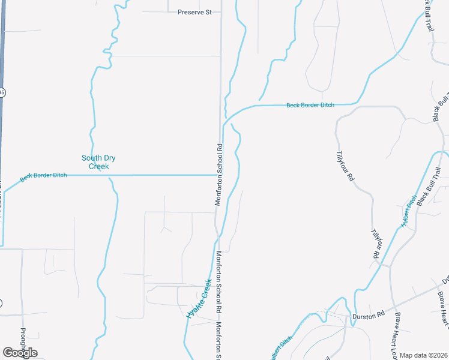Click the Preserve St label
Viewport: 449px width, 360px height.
[195, 11]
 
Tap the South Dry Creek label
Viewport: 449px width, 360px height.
[98, 162]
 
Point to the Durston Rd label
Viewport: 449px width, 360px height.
[368, 315]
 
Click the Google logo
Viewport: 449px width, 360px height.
[20, 352]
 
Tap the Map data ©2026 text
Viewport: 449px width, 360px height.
[423, 355]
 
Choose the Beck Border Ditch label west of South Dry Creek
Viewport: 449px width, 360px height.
[43, 176]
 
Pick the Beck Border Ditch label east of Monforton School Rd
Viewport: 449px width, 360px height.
[310, 105]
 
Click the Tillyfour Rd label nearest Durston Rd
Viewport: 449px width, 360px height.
[376, 244]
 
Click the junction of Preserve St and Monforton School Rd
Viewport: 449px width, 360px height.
[220, 11]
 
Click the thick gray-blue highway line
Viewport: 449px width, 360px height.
[2, 150]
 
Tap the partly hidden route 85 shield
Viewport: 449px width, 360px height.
[2, 92]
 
